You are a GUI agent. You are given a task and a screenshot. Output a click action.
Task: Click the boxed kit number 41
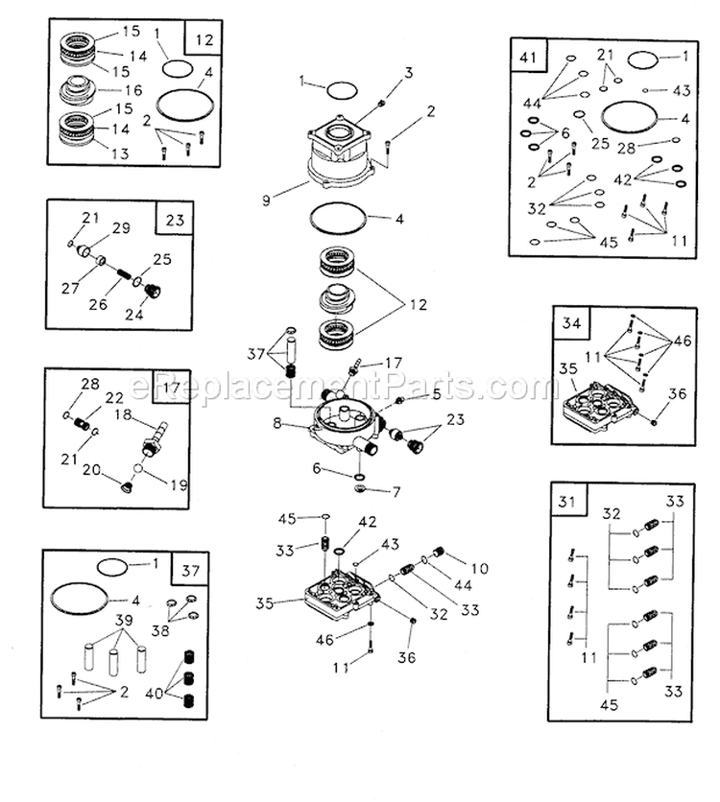tap(527, 58)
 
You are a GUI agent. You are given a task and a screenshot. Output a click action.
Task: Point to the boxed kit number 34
tap(571, 324)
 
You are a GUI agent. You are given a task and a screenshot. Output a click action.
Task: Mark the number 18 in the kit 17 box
tap(123, 413)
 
